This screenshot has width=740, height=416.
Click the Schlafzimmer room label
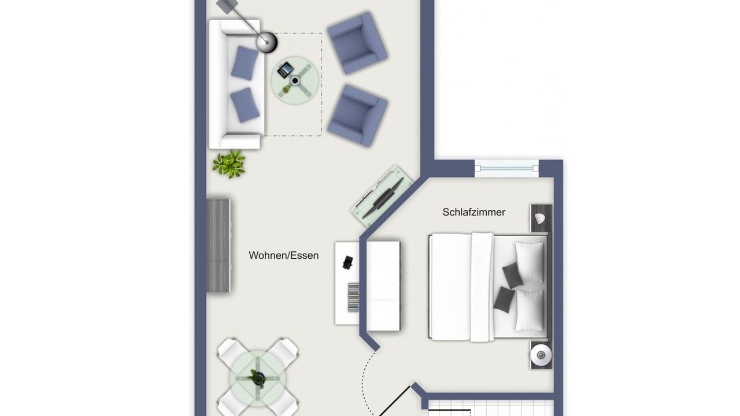pos(473,212)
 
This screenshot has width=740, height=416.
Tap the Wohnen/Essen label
pos(283,255)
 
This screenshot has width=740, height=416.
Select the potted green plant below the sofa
pos(229,164)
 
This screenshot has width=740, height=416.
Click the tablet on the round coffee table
pos(286,70)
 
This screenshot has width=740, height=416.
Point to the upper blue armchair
pos(357,43)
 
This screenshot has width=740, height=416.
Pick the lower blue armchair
pos(357,115)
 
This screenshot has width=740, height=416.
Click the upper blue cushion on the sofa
pos(245,63)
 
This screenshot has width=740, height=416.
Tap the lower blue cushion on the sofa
pos(245,105)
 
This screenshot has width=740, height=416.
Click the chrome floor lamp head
pos(267,42)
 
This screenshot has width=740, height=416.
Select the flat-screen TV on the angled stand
pos(383,198)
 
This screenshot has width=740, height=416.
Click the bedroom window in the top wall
pos(506,168)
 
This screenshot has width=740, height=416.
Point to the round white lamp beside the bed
pos(541,355)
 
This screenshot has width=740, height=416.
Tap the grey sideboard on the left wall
pos(218,246)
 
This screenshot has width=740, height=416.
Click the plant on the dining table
pos(257,378)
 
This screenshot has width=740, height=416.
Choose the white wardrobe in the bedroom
pos(383,286)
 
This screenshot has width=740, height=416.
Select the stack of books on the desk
pos(353,297)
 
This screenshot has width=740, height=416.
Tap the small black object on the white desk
pos(347,262)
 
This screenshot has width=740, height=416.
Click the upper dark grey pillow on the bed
pos(512,276)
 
